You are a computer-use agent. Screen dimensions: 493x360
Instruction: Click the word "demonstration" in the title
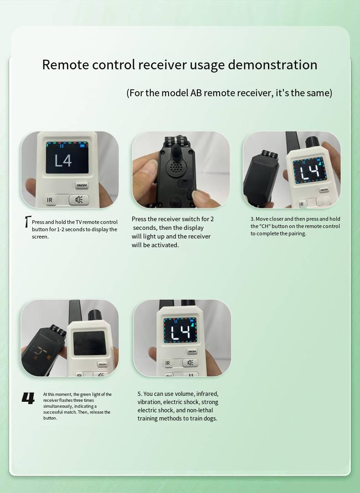[272, 65]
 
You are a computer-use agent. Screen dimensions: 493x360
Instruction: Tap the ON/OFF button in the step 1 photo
[82, 186]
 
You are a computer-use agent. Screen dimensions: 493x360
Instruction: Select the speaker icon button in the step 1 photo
[79, 199]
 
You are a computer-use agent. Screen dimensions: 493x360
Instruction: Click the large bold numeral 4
[28, 398]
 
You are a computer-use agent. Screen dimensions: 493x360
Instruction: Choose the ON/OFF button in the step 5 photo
[192, 352]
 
